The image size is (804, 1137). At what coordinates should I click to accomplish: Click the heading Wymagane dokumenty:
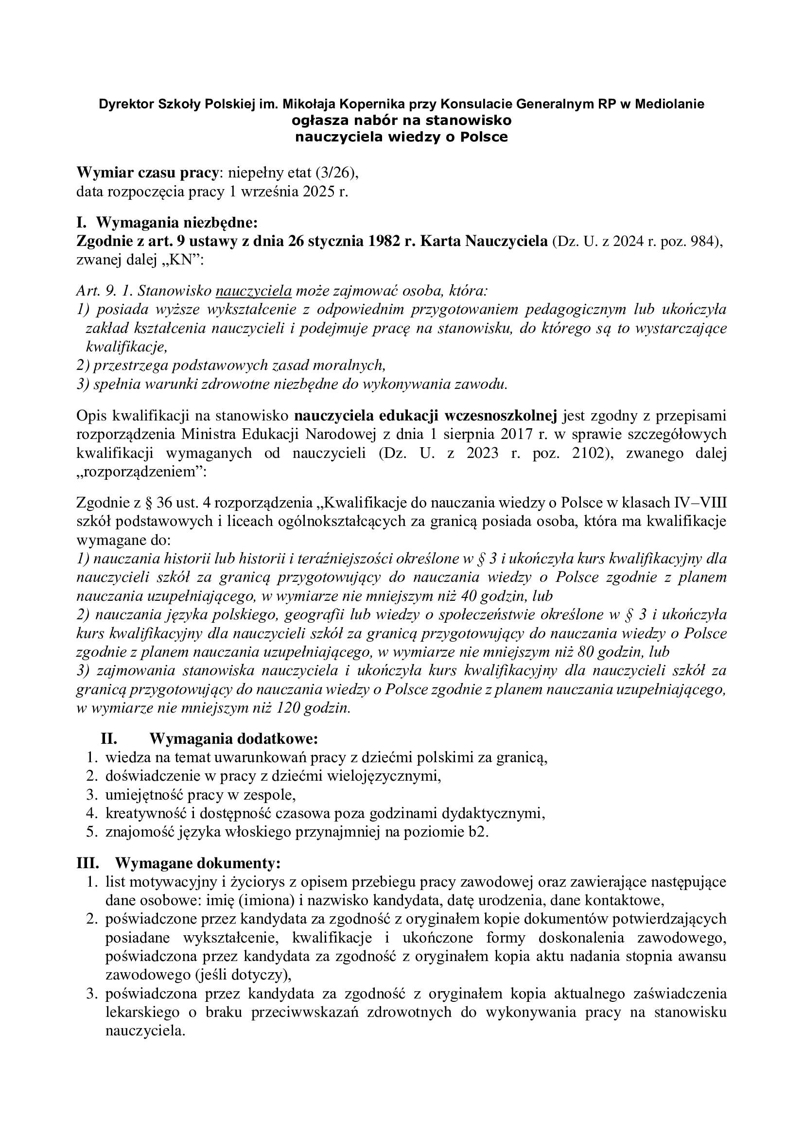(x=198, y=863)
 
